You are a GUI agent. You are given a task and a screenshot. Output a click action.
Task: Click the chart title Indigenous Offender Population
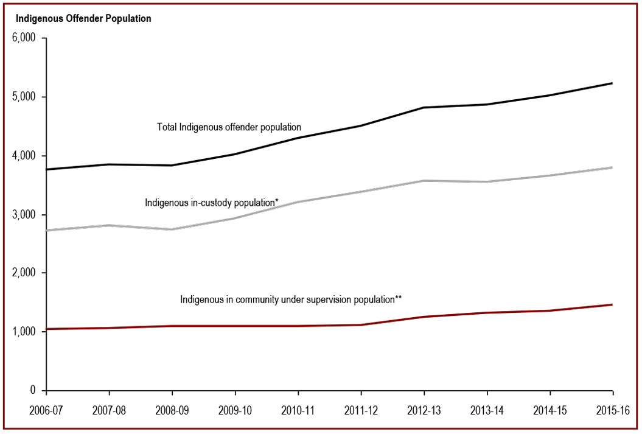(83, 19)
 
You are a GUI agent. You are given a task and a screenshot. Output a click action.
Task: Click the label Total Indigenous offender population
(229, 127)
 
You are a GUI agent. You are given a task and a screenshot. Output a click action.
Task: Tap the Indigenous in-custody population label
(212, 202)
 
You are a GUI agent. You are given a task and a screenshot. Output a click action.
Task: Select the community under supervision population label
(291, 299)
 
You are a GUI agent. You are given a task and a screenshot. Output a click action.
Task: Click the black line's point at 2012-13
(424, 108)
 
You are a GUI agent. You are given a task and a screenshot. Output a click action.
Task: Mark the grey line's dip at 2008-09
(172, 229)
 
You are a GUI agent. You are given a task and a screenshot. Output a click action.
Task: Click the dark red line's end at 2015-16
(612, 304)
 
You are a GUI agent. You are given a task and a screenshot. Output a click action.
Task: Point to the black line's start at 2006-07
(47, 169)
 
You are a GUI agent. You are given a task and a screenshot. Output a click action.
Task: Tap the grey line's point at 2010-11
(298, 201)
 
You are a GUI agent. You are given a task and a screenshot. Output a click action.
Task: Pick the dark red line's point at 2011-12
(361, 325)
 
